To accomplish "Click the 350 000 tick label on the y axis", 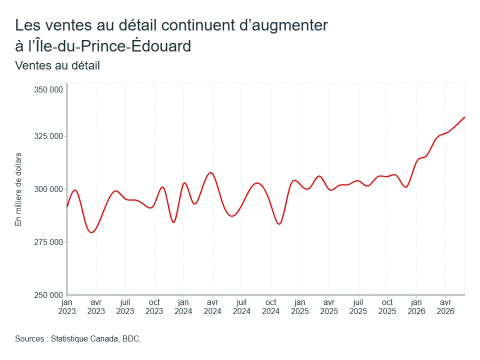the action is coord(48,89).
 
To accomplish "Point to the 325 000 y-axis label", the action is coord(48,136).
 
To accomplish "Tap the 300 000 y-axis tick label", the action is coord(48,189).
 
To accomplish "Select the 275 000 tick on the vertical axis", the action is coord(48,242).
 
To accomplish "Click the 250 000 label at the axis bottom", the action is coord(48,295).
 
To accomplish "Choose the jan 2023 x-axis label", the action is coord(67,306).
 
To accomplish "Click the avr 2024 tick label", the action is coord(212,306).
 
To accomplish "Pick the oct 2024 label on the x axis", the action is coord(271,306).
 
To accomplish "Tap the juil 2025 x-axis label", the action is coord(358,306).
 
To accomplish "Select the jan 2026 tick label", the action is coord(416,306).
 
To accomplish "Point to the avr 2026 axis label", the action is coord(445,306).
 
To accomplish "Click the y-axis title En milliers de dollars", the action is coord(18,189).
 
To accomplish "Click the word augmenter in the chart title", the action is coord(289,25).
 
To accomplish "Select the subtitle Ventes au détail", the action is coord(57,65).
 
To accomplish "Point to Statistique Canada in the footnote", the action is coord(84,339).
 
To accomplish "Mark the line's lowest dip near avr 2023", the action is coord(91,232).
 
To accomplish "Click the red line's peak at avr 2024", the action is coord(210,172).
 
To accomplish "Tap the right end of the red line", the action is coord(464,117).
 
